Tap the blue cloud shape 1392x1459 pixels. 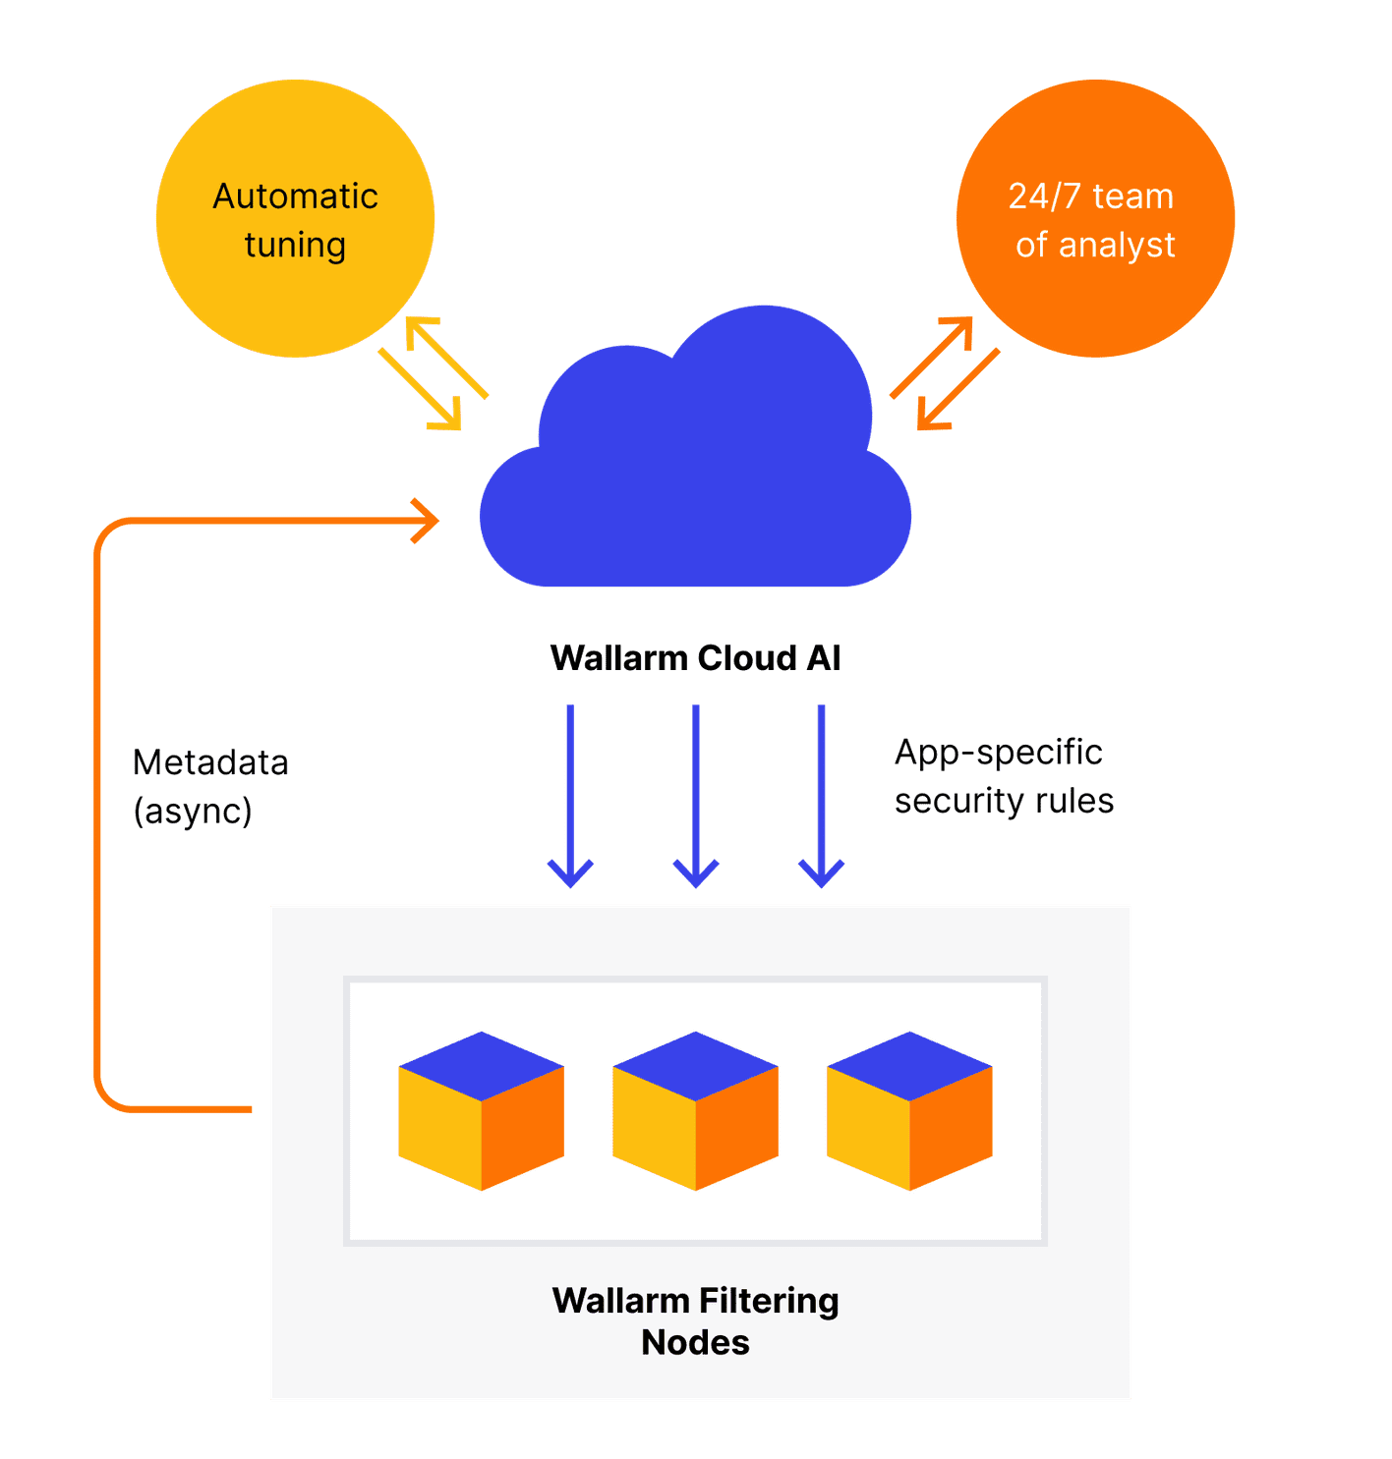pos(695,472)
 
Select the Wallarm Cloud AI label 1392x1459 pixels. pos(695,657)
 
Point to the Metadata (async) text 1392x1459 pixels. pos(210,786)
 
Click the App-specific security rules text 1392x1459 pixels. pos(1003,776)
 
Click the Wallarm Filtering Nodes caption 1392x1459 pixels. pos(695,1320)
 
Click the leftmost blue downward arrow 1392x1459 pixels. pos(570,796)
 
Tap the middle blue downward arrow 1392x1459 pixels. pos(695,796)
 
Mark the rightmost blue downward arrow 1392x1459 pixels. pos(821,796)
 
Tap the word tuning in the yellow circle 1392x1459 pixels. pos(295,245)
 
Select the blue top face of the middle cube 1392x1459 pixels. pos(695,1066)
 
